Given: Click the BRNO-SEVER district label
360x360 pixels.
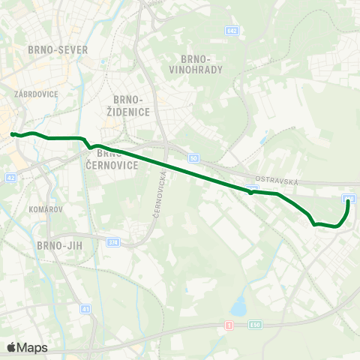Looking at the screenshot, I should tap(56, 49).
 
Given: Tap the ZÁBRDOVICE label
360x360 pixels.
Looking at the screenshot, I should tap(31, 94).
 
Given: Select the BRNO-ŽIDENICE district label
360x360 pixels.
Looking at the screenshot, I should tap(130, 105).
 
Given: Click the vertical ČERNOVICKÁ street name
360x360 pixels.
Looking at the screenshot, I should tap(163, 194).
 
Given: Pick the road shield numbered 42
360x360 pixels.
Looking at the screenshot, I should tap(10, 178).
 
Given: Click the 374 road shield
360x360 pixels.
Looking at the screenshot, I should tap(113, 242).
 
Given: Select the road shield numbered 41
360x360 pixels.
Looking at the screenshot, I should tap(85, 309).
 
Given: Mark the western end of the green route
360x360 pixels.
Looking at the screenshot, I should tap(12, 134).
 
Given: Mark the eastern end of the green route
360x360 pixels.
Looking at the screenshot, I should tap(348, 201).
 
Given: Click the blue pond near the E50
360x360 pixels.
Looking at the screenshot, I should tap(238, 307).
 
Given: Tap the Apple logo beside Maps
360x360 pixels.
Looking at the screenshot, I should tap(12, 347).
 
